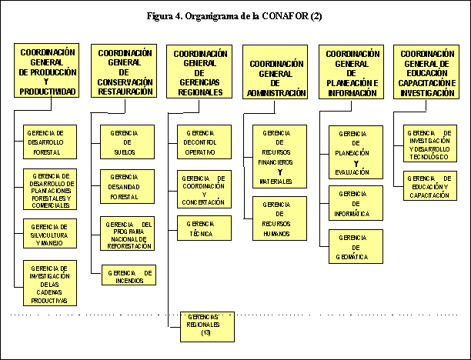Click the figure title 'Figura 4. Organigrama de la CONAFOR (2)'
coord(235,16)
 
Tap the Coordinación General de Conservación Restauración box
coord(125,72)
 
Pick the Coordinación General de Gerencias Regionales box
coord(199,72)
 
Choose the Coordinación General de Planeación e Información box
coord(352,72)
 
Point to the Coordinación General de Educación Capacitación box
coord(428,72)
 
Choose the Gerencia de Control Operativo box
coord(204,142)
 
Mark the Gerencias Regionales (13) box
coord(206,325)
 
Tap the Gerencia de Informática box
coord(355,203)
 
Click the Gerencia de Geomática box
coord(355,247)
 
